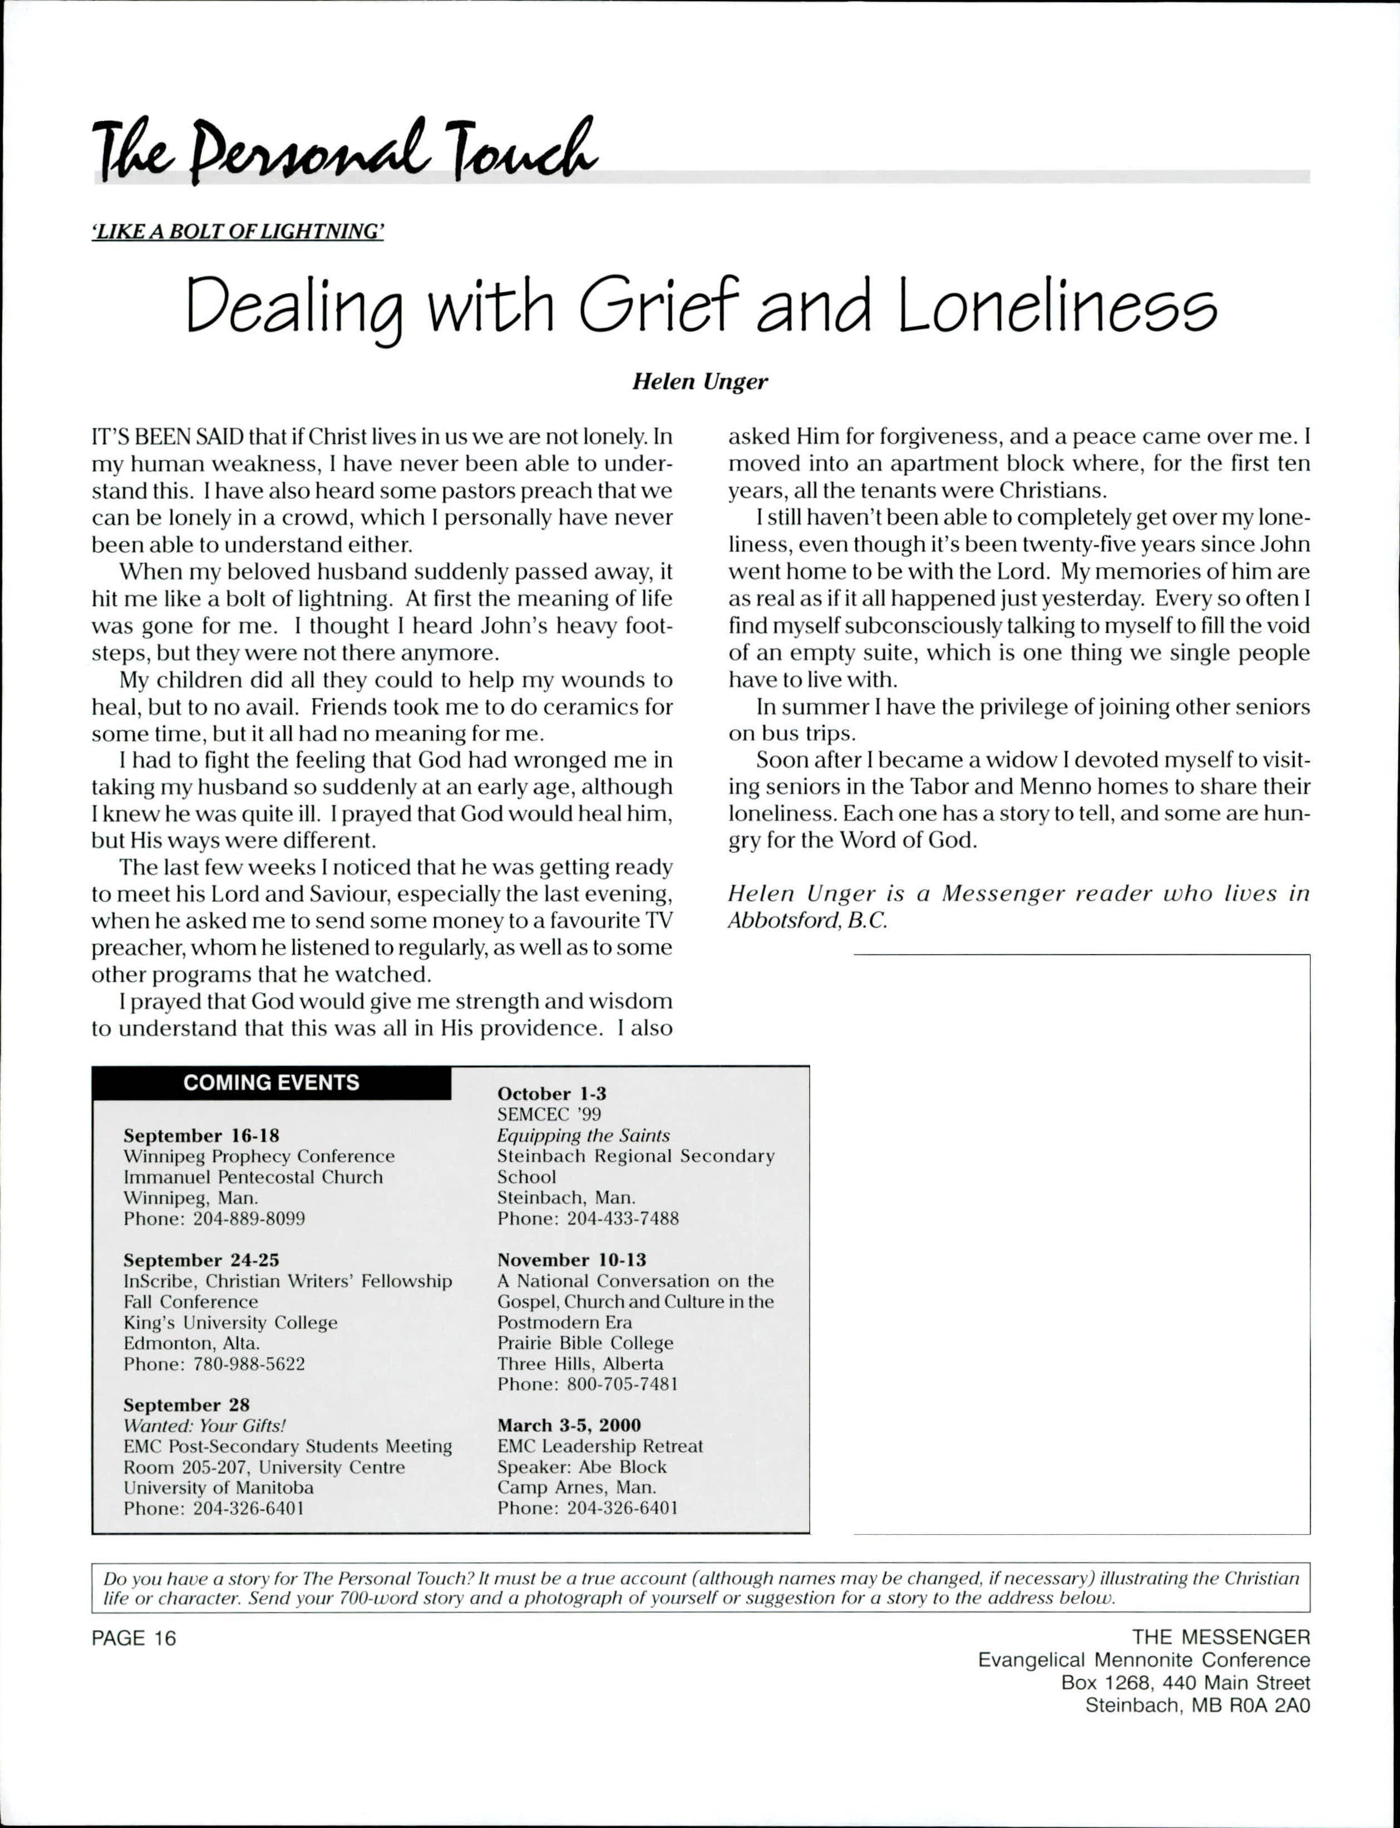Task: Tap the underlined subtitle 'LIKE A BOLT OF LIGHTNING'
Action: (x=238, y=232)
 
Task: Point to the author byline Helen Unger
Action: (x=700, y=382)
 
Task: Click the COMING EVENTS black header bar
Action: (x=272, y=1083)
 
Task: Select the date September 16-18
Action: (x=201, y=1136)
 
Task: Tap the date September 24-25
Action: (x=201, y=1260)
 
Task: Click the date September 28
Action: (x=186, y=1404)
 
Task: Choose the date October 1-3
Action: (x=551, y=1094)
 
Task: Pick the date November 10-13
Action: (x=571, y=1260)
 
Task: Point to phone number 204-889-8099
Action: (x=249, y=1218)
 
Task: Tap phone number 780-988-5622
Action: (x=249, y=1364)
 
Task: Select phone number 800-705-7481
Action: (x=623, y=1384)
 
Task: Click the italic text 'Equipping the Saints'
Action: (x=583, y=1136)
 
